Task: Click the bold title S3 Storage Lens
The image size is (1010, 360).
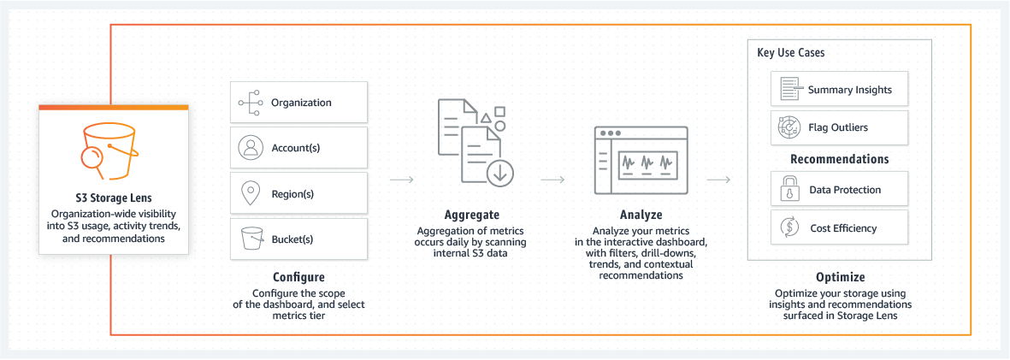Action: (x=113, y=197)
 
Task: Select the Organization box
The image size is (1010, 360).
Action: (x=298, y=103)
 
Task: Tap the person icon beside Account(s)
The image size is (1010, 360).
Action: (x=250, y=148)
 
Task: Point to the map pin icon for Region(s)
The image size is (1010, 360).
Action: (x=250, y=193)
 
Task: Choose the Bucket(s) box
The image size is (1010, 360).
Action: (x=298, y=239)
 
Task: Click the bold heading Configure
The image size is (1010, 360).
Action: (x=298, y=277)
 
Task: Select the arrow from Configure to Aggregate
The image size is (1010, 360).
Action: (x=402, y=180)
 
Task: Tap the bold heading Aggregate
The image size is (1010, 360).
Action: (x=472, y=215)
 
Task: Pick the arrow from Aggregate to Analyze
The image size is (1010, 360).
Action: (x=553, y=180)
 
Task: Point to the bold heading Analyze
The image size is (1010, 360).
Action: (x=641, y=215)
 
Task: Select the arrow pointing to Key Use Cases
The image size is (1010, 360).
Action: (x=718, y=180)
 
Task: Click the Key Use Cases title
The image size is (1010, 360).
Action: (x=791, y=53)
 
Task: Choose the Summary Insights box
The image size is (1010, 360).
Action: (x=839, y=90)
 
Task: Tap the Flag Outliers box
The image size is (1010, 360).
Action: (x=839, y=127)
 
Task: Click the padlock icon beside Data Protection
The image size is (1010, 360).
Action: (x=786, y=190)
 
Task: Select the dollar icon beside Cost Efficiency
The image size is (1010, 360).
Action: (x=786, y=228)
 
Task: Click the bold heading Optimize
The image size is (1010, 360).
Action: (x=840, y=277)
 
